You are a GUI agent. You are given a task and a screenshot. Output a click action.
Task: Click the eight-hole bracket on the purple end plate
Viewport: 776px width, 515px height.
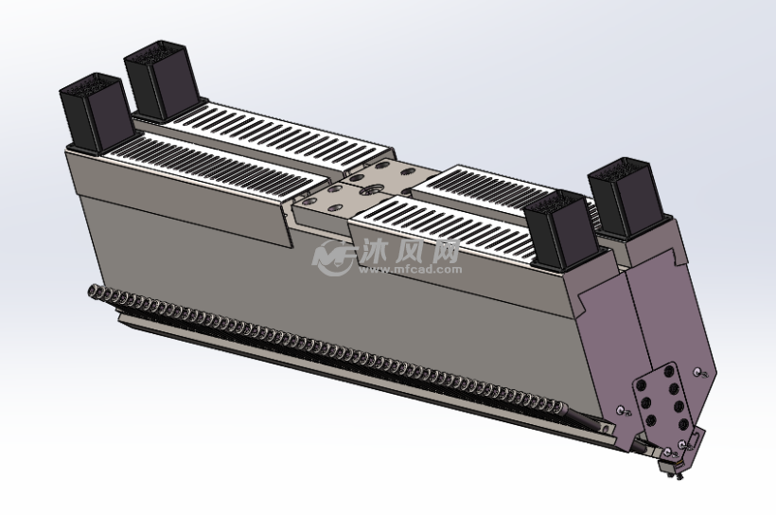tap(660, 399)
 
